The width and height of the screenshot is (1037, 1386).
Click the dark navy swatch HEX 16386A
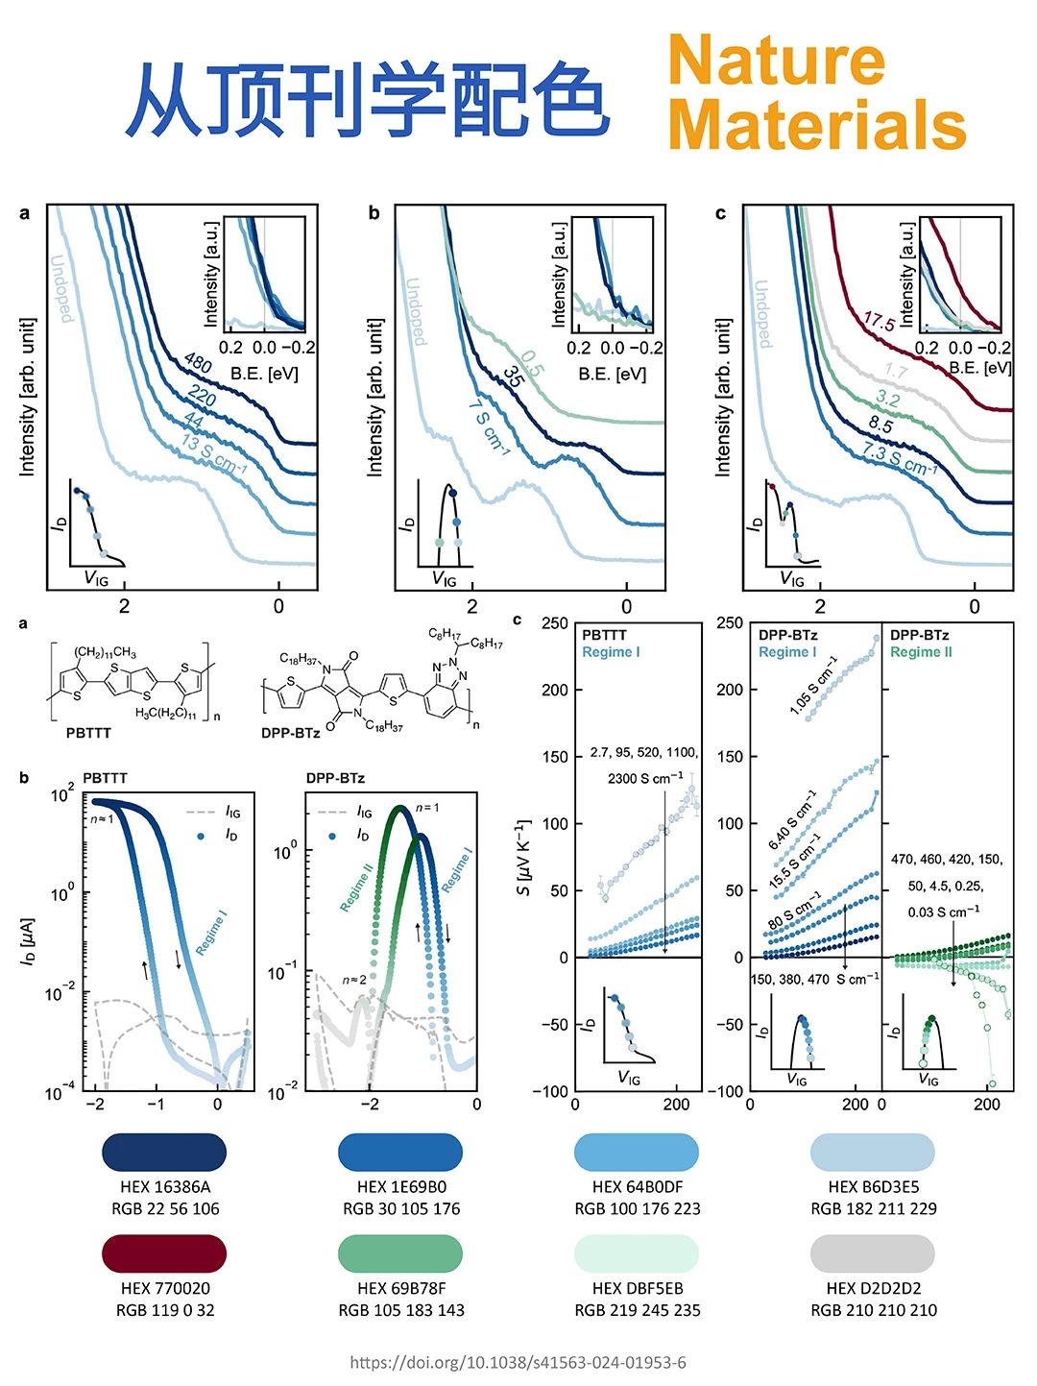point(164,1152)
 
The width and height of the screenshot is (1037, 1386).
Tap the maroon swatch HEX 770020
point(164,1253)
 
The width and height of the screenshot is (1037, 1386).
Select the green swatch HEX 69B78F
point(400,1253)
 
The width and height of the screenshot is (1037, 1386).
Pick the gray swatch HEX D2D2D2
point(873,1253)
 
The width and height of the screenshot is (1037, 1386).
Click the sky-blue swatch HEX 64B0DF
point(637,1152)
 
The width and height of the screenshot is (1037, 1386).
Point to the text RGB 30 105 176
point(401,1208)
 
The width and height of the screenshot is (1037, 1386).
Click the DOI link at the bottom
point(518,1362)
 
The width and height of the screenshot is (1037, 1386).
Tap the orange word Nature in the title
point(776,60)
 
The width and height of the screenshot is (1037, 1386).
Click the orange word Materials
point(816,125)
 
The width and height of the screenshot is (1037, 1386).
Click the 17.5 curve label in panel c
point(879,322)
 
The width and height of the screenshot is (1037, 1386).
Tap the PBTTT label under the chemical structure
point(88,733)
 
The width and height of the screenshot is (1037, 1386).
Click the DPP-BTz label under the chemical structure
point(290,733)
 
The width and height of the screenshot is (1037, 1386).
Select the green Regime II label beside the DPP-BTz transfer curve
point(356,887)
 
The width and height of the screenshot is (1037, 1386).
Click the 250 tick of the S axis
point(554,623)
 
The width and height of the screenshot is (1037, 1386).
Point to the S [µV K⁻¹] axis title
point(522,858)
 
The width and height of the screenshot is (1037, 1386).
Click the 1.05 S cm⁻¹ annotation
point(813,685)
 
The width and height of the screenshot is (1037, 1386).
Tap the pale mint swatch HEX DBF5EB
point(637,1253)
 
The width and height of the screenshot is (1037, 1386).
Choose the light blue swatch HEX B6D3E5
point(873,1152)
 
